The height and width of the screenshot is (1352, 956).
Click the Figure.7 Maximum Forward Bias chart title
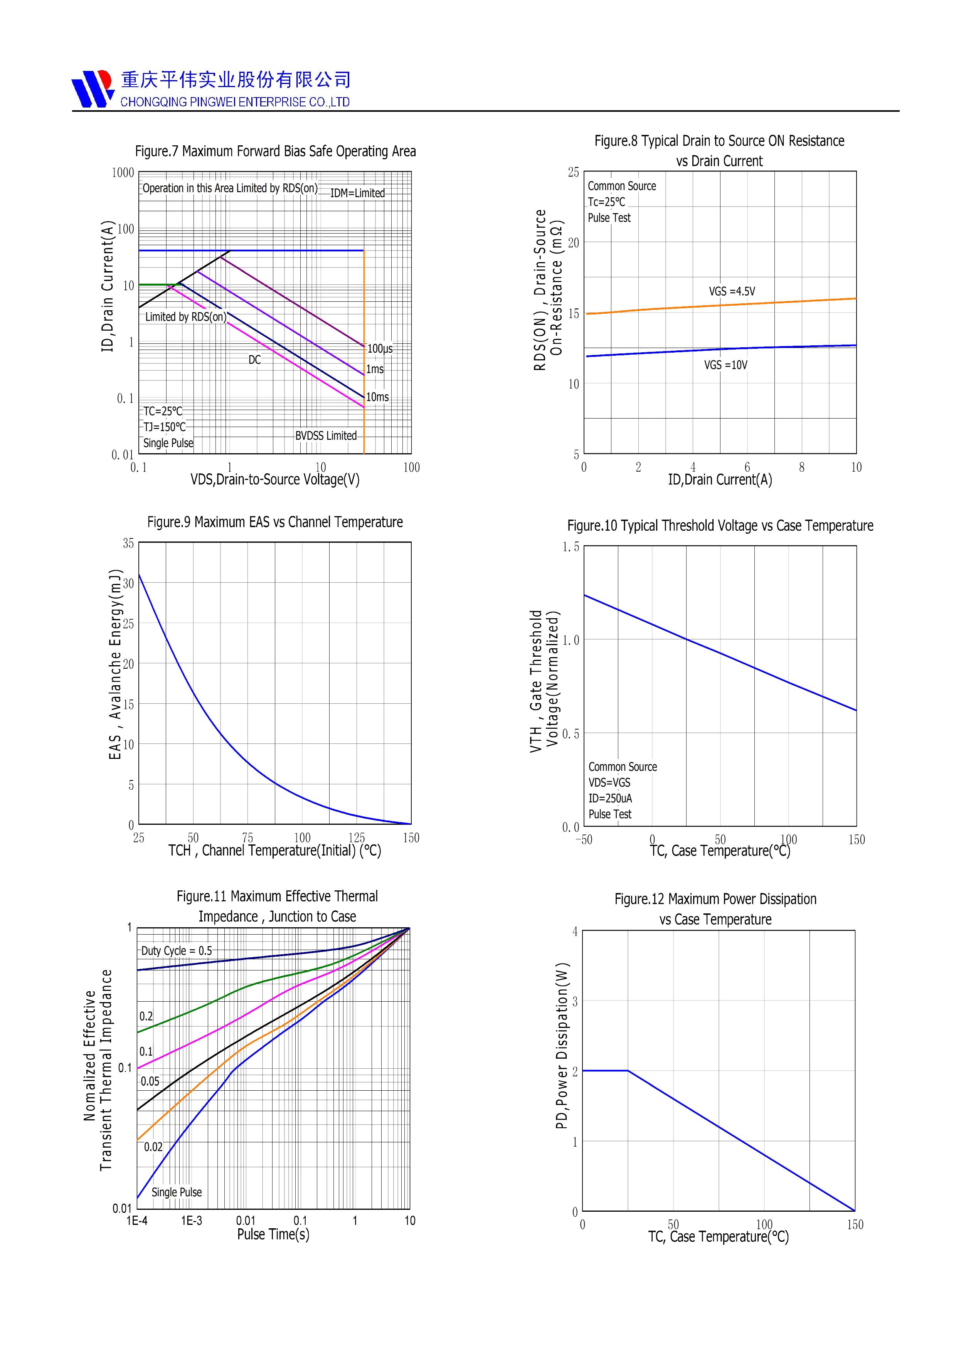(275, 151)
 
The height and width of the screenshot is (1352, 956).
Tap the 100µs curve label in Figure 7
(380, 349)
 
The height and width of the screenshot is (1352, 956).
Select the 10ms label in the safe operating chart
(377, 397)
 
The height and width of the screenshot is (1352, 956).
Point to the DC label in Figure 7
(254, 360)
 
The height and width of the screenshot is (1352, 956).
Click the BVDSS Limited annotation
(326, 436)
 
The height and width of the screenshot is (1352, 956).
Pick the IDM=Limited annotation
(357, 193)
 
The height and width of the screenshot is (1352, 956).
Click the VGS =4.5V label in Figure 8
(732, 291)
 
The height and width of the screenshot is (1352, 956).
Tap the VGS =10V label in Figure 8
(726, 365)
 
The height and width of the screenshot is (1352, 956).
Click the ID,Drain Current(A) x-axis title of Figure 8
(720, 480)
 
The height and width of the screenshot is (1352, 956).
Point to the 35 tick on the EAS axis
(128, 543)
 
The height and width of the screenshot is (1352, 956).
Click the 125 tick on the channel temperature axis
(356, 838)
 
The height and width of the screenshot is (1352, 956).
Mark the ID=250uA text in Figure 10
(610, 799)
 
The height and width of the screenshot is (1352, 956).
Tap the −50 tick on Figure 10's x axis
(583, 840)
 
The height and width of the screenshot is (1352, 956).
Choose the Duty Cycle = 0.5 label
(176, 951)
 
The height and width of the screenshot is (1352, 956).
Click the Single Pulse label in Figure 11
(177, 1192)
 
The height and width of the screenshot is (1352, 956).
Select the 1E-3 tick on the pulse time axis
(192, 1221)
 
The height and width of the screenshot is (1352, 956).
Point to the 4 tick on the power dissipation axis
(575, 932)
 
